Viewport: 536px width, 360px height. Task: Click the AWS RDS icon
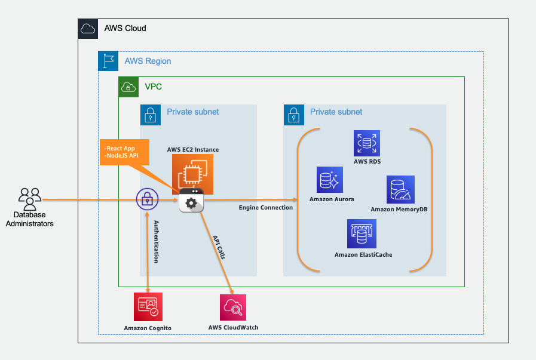coord(367,143)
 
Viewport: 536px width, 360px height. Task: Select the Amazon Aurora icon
coord(329,180)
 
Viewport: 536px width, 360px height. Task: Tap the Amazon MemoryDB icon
coord(400,190)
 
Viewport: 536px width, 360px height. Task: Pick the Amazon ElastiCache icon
coord(362,233)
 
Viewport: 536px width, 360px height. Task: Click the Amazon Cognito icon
coord(148,307)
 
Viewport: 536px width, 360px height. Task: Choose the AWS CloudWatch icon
coord(233,307)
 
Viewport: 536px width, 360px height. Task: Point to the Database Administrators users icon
coord(30,199)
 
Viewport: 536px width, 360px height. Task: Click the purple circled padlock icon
coord(148,199)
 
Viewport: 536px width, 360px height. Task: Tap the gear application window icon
coord(191,200)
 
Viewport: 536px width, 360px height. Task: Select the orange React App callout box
coord(124,152)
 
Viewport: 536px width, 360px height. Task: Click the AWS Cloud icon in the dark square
coord(88,29)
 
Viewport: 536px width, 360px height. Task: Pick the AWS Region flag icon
coord(108,61)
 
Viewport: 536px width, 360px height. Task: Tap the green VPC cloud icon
coord(128,87)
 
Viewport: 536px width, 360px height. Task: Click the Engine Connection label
coord(265,207)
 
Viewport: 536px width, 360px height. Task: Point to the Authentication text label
coord(156,241)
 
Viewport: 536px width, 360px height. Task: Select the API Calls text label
coord(219,247)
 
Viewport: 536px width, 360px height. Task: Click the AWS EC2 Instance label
coord(193,150)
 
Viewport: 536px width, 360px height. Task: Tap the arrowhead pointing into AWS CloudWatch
coord(232,291)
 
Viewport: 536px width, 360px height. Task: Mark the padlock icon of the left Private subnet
coord(151,115)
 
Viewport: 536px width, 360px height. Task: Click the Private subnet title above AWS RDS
coord(336,112)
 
